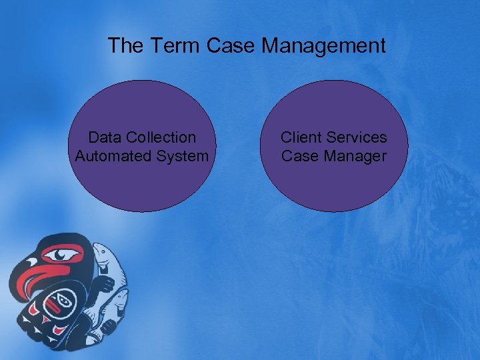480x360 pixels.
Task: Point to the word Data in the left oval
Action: [x=103, y=137]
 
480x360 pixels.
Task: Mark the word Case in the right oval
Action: [x=300, y=156]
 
